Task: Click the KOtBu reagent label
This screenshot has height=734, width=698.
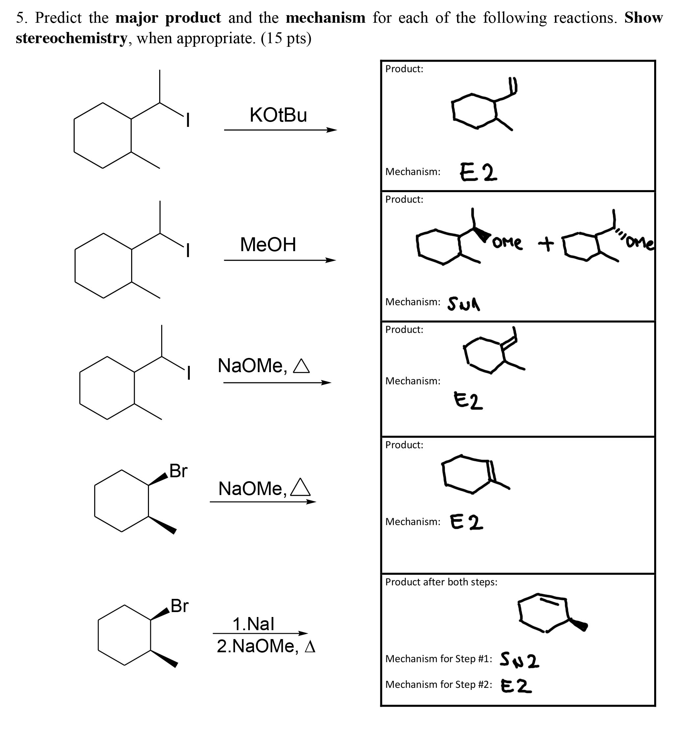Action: point(278,115)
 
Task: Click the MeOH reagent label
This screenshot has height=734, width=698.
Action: point(268,245)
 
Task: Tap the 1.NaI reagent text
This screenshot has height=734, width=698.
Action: point(253,624)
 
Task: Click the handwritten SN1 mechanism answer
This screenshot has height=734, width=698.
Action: point(463,304)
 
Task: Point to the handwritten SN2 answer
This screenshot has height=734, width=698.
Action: point(519,660)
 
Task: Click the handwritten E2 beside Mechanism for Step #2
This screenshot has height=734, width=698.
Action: point(516,686)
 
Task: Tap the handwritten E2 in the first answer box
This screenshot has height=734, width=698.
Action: point(479,172)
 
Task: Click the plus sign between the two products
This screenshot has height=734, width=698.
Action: point(546,244)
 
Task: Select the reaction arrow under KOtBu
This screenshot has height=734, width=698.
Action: point(280,130)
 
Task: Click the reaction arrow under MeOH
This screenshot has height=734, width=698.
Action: point(280,260)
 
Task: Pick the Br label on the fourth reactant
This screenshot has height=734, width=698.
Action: point(178,471)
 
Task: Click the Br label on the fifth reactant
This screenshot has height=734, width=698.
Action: point(179,606)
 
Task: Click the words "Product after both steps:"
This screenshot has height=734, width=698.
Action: point(441,582)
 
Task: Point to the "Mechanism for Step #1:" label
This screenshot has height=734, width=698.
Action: point(439,659)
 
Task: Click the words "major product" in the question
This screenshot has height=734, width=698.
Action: point(168,18)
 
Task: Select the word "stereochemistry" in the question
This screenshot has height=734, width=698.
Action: point(72,38)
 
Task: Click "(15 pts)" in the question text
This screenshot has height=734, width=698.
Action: point(286,38)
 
